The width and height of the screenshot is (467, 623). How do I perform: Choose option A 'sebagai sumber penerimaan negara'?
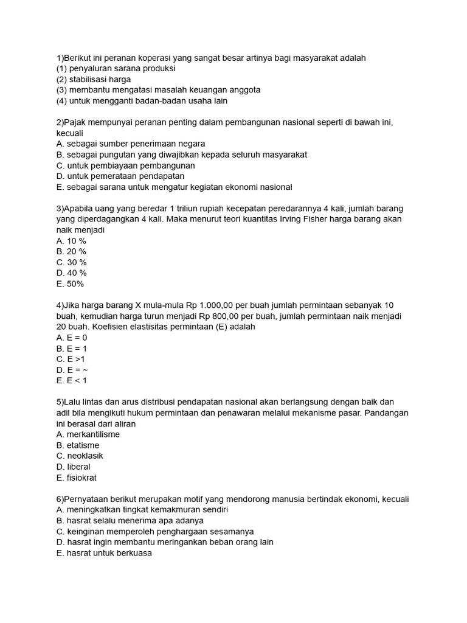pyautogui.click(x=131, y=144)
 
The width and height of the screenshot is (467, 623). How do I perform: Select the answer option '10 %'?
pyautogui.click(x=71, y=241)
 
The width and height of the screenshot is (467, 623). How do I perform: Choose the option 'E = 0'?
pyautogui.click(x=72, y=338)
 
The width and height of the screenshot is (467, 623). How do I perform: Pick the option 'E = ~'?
pyautogui.click(x=72, y=370)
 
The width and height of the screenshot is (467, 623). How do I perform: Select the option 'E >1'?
pyautogui.click(x=71, y=359)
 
